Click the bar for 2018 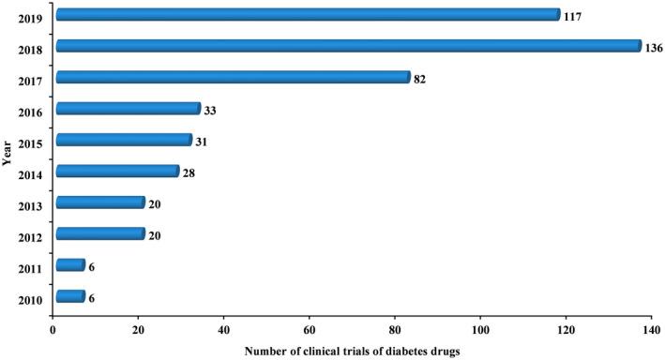click(347, 46)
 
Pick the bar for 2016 click(128, 109)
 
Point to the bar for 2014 click(116, 171)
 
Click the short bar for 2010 click(69, 296)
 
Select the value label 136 click(655, 47)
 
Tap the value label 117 click(573, 16)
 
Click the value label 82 click(420, 79)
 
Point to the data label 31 click(202, 142)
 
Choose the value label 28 click(189, 172)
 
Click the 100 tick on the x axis click(481, 330)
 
